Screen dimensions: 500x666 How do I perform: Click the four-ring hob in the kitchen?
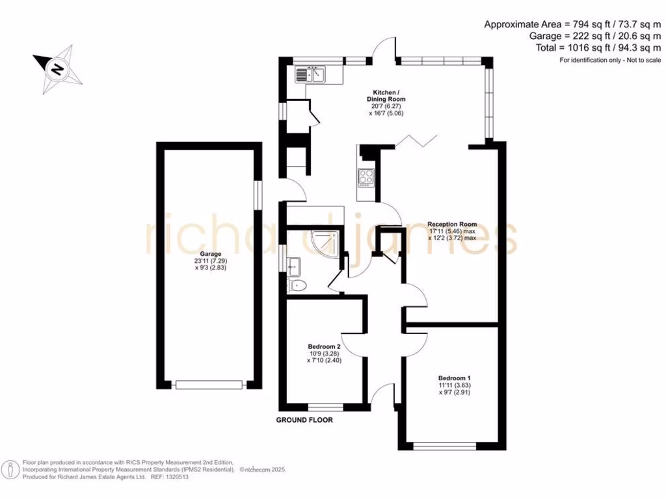point(366,177)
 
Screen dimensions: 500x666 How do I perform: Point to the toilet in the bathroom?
point(297,285)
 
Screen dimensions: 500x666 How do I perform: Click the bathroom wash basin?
point(293,266)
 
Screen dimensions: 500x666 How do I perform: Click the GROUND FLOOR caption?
point(304,421)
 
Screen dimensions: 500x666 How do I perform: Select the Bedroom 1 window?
point(444,447)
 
